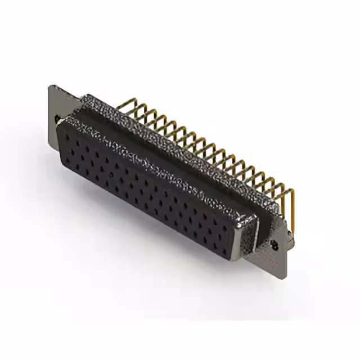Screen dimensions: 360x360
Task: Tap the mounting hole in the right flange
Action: [x=275, y=245]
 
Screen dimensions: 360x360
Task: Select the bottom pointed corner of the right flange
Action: [x=284, y=276]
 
